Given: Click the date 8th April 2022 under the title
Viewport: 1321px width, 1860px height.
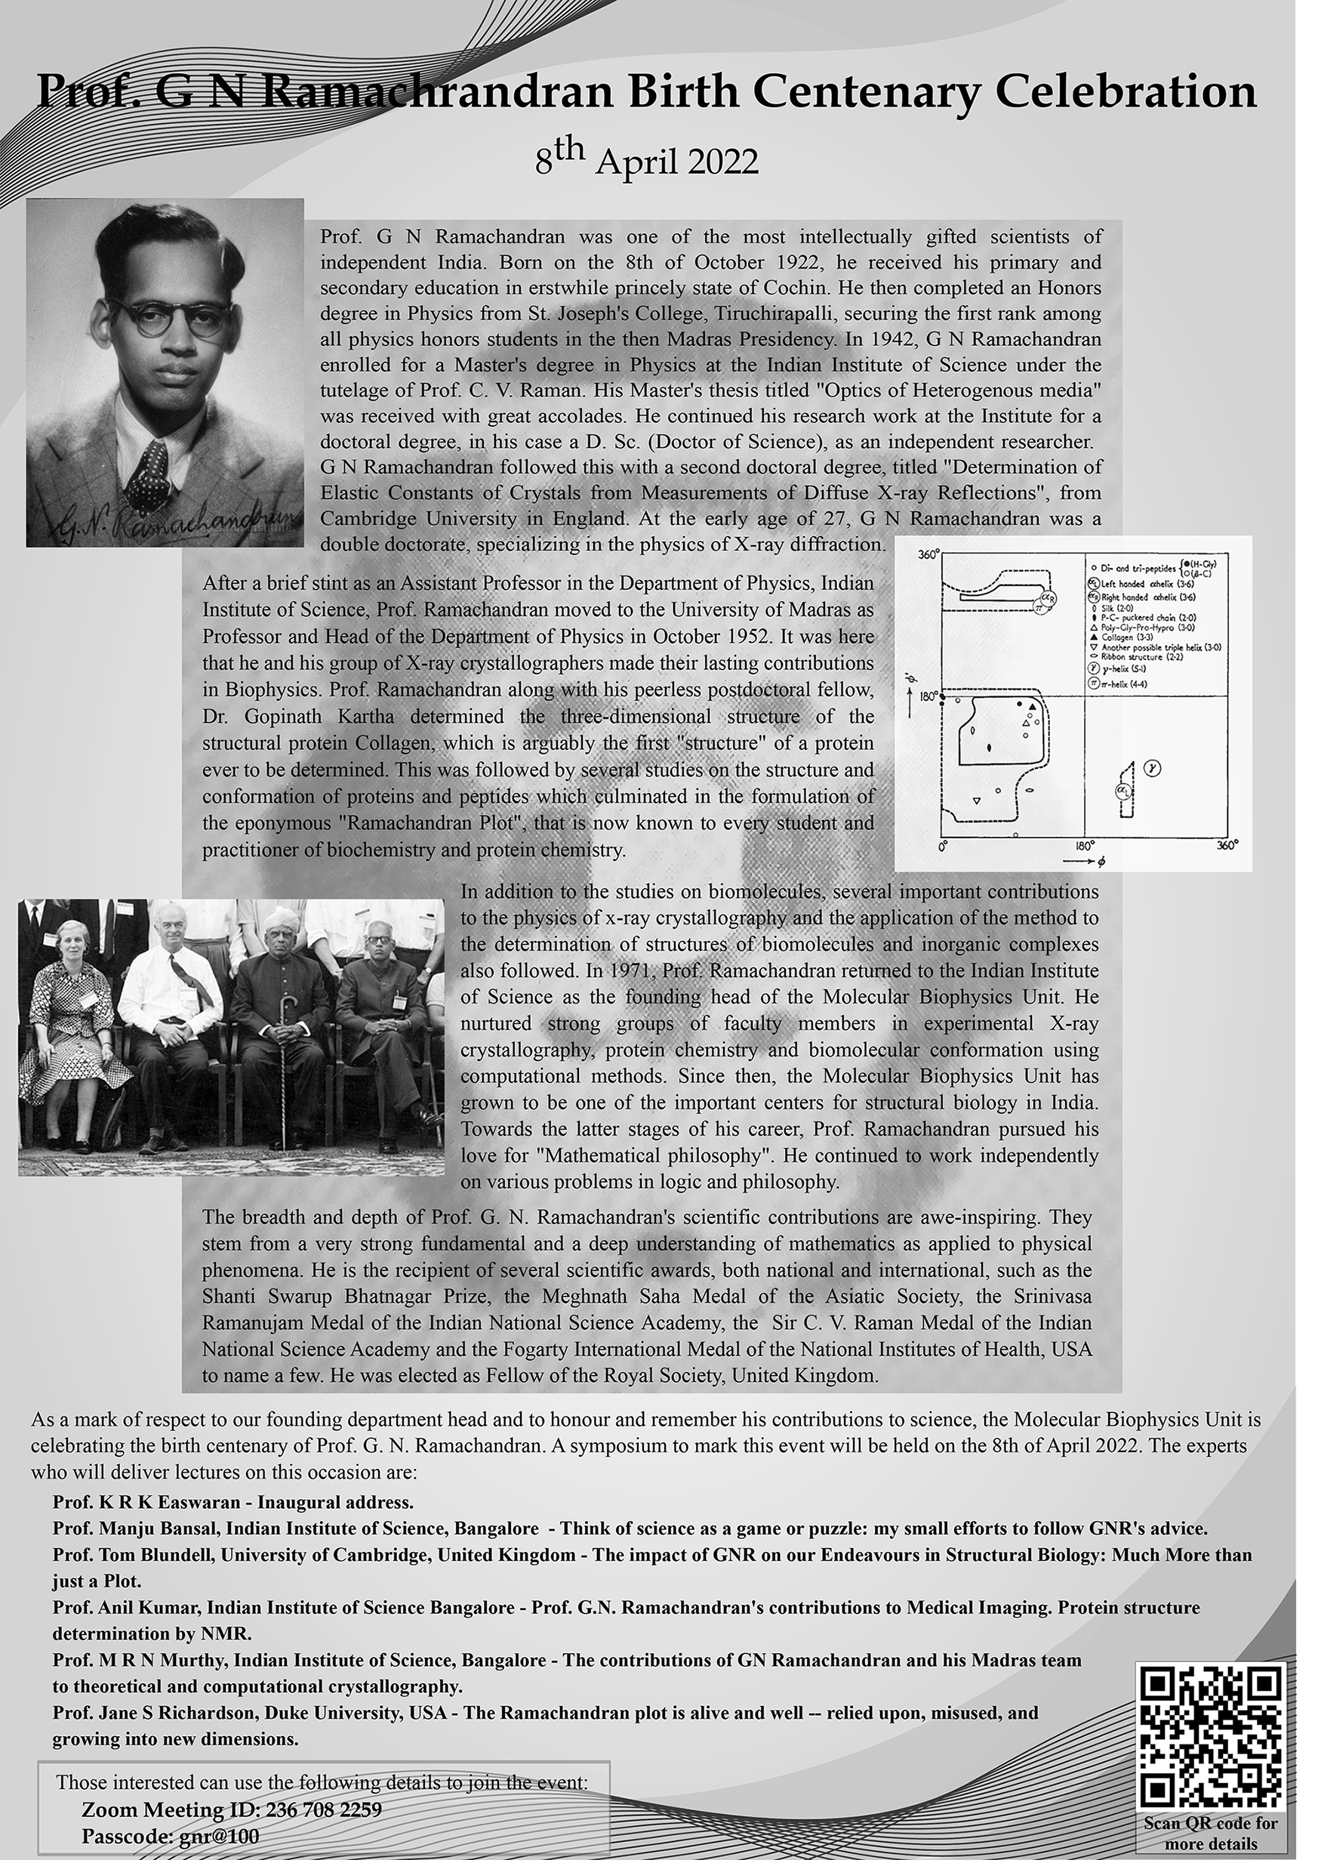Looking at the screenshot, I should [x=646, y=160].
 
